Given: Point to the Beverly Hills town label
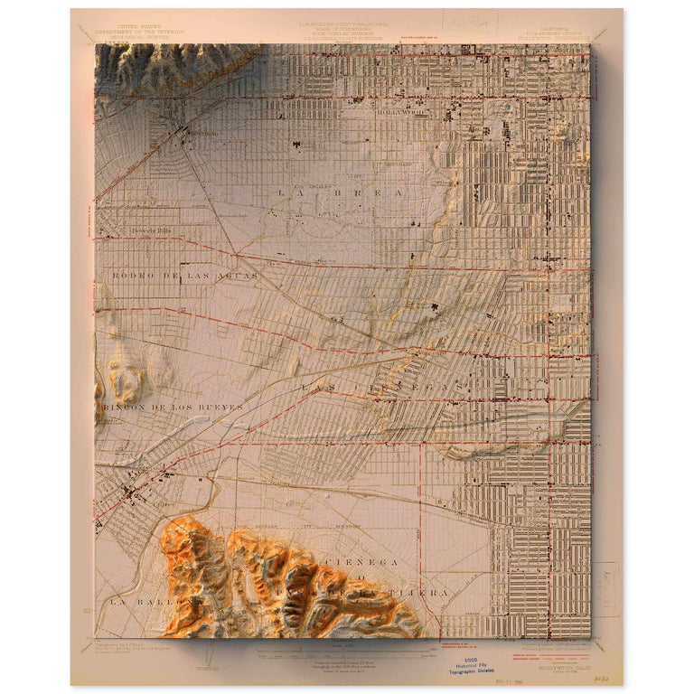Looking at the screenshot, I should tap(152, 230).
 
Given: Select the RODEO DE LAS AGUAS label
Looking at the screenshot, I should tap(185, 275).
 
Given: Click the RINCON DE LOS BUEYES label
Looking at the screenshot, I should tap(173, 408).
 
